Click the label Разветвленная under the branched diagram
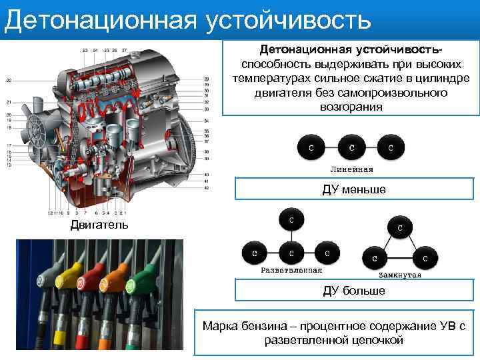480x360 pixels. tap(291, 271)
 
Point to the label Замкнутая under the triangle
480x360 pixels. tap(400, 274)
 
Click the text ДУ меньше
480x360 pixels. tap(354, 191)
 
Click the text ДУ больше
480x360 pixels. tap(354, 291)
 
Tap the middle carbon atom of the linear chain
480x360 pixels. tap(351, 147)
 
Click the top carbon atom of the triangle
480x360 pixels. tap(399, 227)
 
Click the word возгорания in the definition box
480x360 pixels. tap(351, 107)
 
